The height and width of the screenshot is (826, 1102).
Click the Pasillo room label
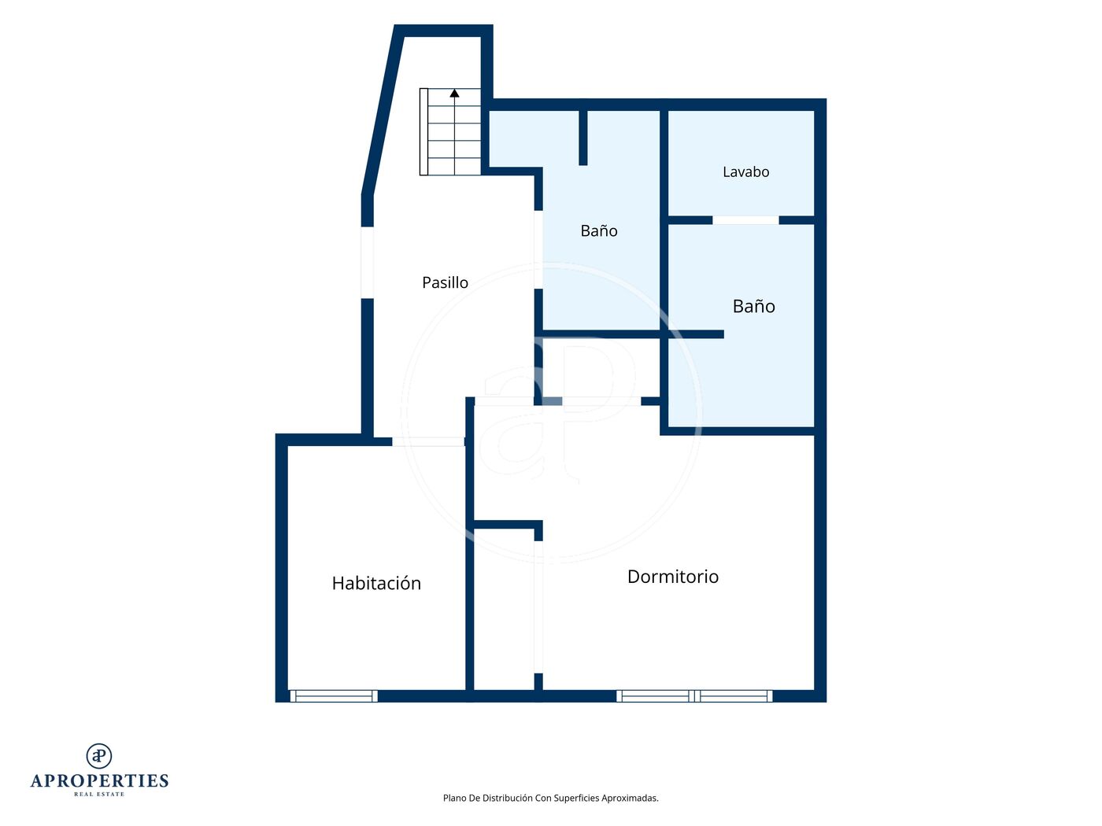click(x=445, y=283)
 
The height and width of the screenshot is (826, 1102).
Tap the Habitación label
click(x=376, y=583)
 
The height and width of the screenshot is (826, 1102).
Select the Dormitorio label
click(x=673, y=577)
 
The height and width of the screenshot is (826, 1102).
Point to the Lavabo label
click(x=745, y=172)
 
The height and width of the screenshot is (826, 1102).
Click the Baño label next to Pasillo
click(x=599, y=230)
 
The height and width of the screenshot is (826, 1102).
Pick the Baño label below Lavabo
click(x=753, y=306)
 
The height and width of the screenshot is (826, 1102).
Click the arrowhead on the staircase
click(x=454, y=93)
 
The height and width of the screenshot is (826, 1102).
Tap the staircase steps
click(x=450, y=132)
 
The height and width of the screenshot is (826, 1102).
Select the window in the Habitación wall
click(x=334, y=696)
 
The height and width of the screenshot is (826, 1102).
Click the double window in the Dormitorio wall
click(x=694, y=696)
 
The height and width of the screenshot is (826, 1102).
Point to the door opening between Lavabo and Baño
click(x=745, y=220)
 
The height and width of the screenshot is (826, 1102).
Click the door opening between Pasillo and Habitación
click(x=428, y=442)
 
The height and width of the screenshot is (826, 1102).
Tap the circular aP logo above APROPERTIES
click(x=99, y=756)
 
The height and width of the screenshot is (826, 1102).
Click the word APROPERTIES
click(x=99, y=781)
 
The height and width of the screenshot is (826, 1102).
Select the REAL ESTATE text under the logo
click(x=99, y=795)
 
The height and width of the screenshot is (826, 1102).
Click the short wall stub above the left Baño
click(x=583, y=138)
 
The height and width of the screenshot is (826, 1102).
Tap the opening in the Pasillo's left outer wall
click(x=368, y=262)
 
